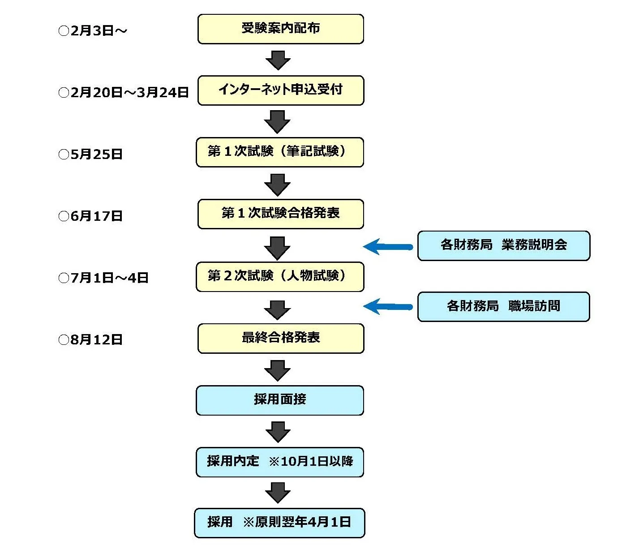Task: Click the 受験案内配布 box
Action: (280, 29)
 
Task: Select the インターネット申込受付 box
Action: (280, 90)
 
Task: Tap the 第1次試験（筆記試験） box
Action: (279, 152)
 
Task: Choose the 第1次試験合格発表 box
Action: (280, 214)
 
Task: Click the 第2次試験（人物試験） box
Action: (279, 277)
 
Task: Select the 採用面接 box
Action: (279, 400)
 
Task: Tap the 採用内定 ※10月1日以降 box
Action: (279, 462)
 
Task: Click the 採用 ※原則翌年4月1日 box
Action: (279, 523)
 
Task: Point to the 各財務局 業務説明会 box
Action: (503, 245)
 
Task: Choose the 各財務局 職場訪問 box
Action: (503, 307)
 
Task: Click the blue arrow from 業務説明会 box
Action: (387, 247)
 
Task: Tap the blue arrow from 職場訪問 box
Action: (387, 307)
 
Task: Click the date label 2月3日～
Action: (93, 31)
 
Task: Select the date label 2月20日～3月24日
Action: (124, 93)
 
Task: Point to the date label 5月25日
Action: (90, 155)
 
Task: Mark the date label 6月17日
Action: (90, 216)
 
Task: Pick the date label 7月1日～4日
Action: (103, 278)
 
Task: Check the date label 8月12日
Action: (90, 340)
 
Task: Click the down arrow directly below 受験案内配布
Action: (278, 60)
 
